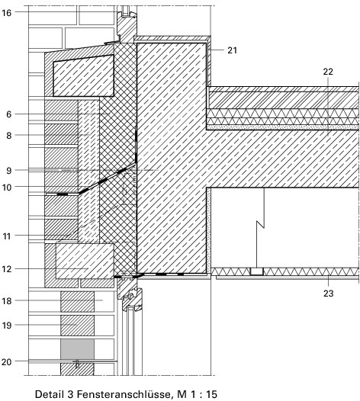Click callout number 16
[x=7, y=12]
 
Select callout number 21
[x=232, y=50]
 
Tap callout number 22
[x=328, y=72]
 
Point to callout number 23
[x=328, y=294]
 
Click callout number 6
[x=9, y=114]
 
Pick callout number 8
[x=9, y=136]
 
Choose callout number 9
[x=9, y=171]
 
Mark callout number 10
[x=7, y=188]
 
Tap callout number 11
[x=7, y=236]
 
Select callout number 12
[x=7, y=269]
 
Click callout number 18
[x=7, y=301]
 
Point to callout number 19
[x=7, y=326]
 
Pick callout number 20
[x=7, y=362]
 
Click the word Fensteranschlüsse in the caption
[x=124, y=394]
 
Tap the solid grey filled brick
[x=77, y=349]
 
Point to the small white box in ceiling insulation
[x=256, y=271]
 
